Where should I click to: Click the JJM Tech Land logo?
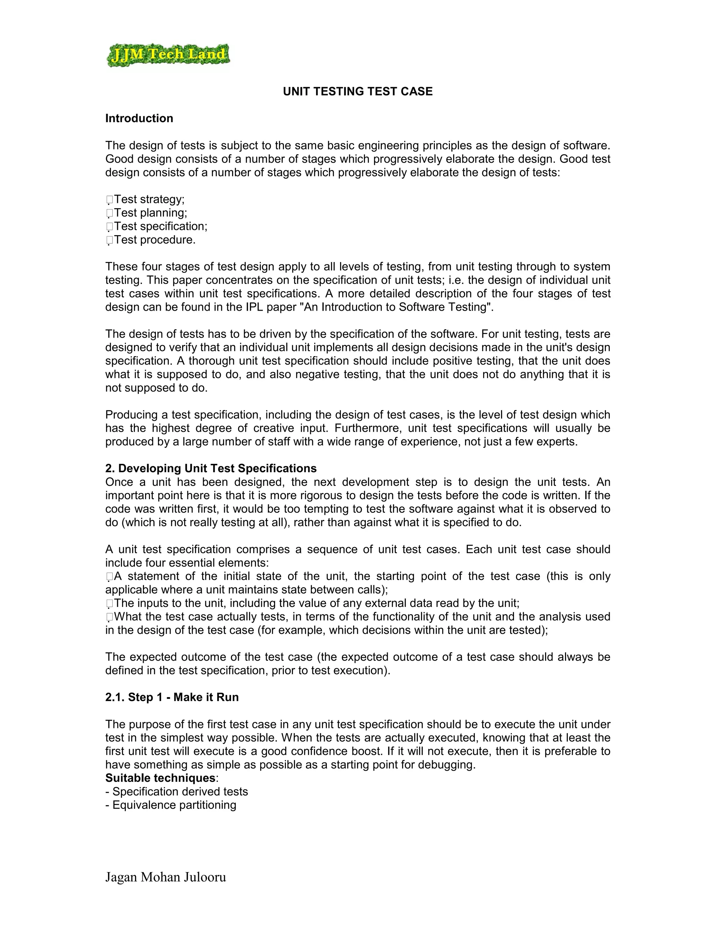tap(168, 55)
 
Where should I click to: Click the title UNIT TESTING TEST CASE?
tap(358, 92)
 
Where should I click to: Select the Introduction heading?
tap(139, 119)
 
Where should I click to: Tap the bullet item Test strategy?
tap(149, 199)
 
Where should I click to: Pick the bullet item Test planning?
tap(150, 213)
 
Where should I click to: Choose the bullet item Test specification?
tap(160, 226)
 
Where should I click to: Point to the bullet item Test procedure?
tap(155, 240)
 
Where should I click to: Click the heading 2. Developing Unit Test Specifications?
tap(211, 469)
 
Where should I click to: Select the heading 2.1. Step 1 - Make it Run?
tap(172, 698)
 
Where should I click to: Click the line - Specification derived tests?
tap(177, 792)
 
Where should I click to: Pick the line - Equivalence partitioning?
tap(171, 805)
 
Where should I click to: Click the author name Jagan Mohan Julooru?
tap(165, 877)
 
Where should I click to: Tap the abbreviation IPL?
tap(255, 307)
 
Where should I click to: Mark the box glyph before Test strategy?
tap(109, 199)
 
